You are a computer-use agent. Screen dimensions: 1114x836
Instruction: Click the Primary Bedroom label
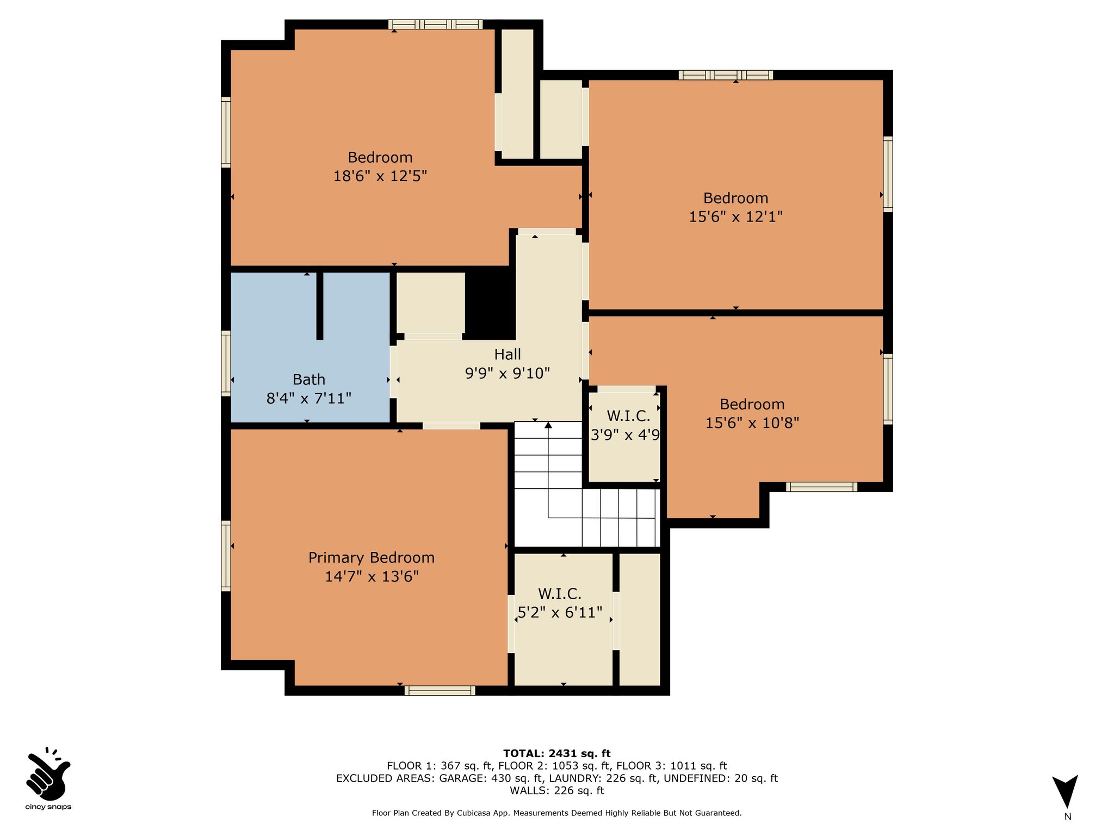tap(372, 558)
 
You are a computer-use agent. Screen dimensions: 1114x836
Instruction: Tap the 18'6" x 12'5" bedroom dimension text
tap(380, 176)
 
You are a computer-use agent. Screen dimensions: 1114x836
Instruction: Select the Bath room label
tap(309, 379)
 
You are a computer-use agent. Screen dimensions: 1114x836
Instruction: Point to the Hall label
tap(508, 354)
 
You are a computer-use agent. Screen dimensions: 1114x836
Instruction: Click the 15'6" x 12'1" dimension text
tap(736, 217)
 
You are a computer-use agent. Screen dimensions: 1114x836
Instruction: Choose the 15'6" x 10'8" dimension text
tap(752, 423)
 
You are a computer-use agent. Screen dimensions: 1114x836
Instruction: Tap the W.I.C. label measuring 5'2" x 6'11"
tap(560, 594)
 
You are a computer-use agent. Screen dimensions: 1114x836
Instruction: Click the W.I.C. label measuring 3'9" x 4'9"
tap(628, 416)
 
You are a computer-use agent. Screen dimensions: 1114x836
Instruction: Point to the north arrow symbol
tap(1065, 791)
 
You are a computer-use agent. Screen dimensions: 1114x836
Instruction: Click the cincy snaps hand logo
tap(48, 772)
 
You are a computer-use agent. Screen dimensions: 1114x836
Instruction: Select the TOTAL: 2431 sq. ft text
tap(557, 754)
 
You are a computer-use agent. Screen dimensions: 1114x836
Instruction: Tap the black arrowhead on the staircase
tap(548, 425)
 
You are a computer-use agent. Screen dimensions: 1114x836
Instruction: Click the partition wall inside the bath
tap(320, 305)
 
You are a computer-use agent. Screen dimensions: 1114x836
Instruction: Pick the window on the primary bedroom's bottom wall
tap(440, 691)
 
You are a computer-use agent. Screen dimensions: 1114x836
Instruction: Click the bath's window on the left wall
tap(226, 362)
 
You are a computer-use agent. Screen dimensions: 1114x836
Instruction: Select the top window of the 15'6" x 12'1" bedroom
tap(726, 75)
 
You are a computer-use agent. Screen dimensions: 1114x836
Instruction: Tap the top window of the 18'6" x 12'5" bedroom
tap(435, 24)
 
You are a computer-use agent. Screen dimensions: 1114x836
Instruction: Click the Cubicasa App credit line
tap(557, 813)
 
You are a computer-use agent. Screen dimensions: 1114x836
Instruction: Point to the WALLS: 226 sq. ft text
tap(557, 791)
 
